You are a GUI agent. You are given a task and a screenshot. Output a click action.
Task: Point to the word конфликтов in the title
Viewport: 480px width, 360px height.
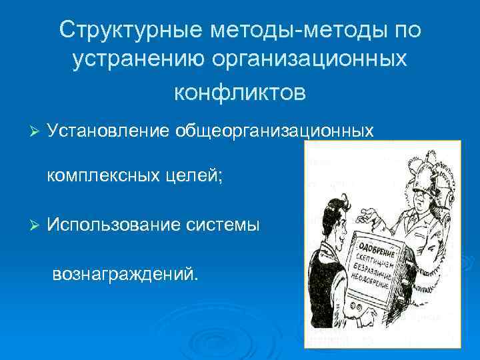pyautogui.click(x=240, y=92)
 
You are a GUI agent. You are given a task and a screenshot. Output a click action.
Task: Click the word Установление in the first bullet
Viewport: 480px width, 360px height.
pyautogui.click(x=109, y=131)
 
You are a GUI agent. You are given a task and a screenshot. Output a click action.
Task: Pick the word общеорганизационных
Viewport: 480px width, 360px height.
pyautogui.click(x=274, y=131)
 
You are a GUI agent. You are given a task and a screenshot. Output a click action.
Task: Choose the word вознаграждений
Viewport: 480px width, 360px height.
pyautogui.click(x=125, y=273)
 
